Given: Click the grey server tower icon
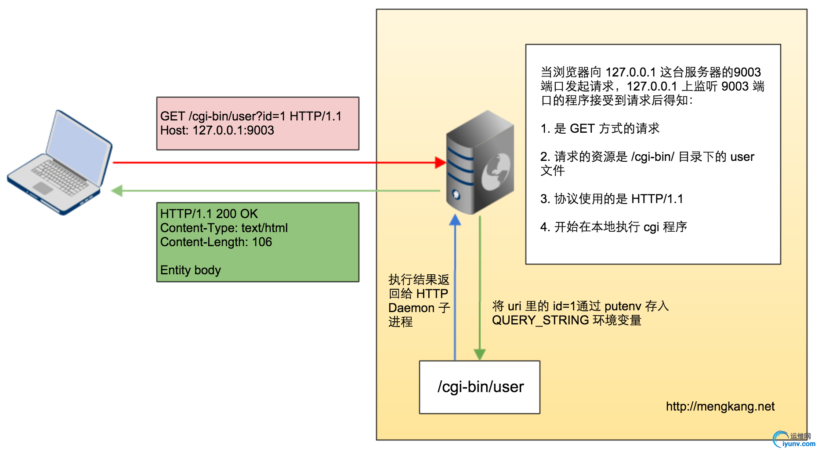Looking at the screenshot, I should (x=480, y=163).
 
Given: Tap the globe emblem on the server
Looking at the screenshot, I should (x=496, y=172).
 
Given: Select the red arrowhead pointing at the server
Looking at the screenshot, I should (x=440, y=163).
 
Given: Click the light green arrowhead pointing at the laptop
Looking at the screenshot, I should (x=117, y=191).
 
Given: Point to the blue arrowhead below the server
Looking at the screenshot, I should (x=455, y=220).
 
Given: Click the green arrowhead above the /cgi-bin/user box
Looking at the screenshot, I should (x=480, y=354).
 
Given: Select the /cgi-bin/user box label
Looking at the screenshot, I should (x=480, y=387).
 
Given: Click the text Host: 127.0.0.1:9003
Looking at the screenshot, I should (x=217, y=131).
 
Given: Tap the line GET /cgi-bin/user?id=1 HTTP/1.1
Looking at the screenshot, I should (x=250, y=116).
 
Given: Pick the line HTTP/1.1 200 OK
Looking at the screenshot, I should (x=209, y=214).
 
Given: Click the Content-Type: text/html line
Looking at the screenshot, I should (x=224, y=228).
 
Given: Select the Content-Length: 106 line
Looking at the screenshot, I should (x=216, y=242).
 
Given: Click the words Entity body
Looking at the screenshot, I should (x=190, y=270).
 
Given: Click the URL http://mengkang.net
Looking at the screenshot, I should (x=720, y=407).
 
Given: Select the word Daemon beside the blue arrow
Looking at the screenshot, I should (x=411, y=308).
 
